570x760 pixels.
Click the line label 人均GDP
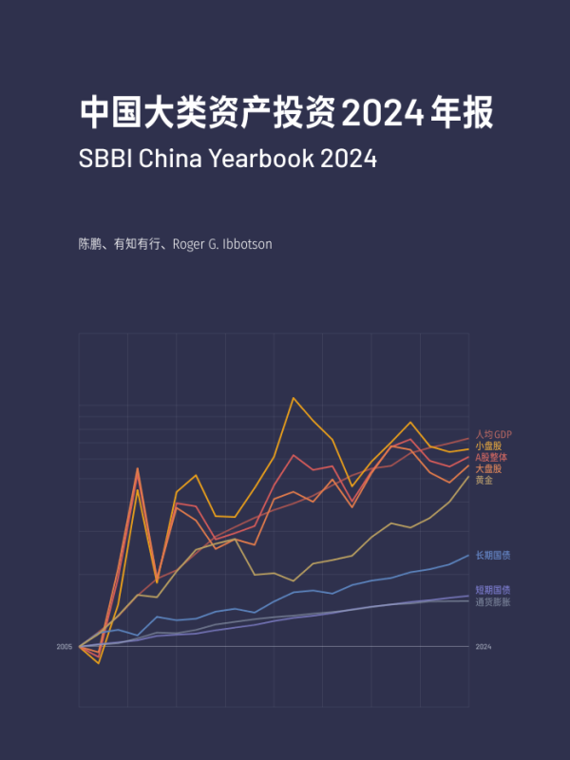coord(493,435)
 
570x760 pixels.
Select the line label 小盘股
coord(488,446)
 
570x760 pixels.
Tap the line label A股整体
coord(491,458)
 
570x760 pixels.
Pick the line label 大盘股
coord(488,469)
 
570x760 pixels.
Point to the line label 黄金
coord(484,481)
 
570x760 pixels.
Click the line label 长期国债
coord(493,556)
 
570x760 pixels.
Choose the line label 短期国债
coord(493,590)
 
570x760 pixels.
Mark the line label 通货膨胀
coord(493,601)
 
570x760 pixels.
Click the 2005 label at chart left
coord(64,647)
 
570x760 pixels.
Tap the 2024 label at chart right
coord(484,647)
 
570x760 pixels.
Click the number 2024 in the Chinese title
coord(380,113)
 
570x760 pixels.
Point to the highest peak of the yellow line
coord(294,398)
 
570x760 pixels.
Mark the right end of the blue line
coord(468,556)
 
